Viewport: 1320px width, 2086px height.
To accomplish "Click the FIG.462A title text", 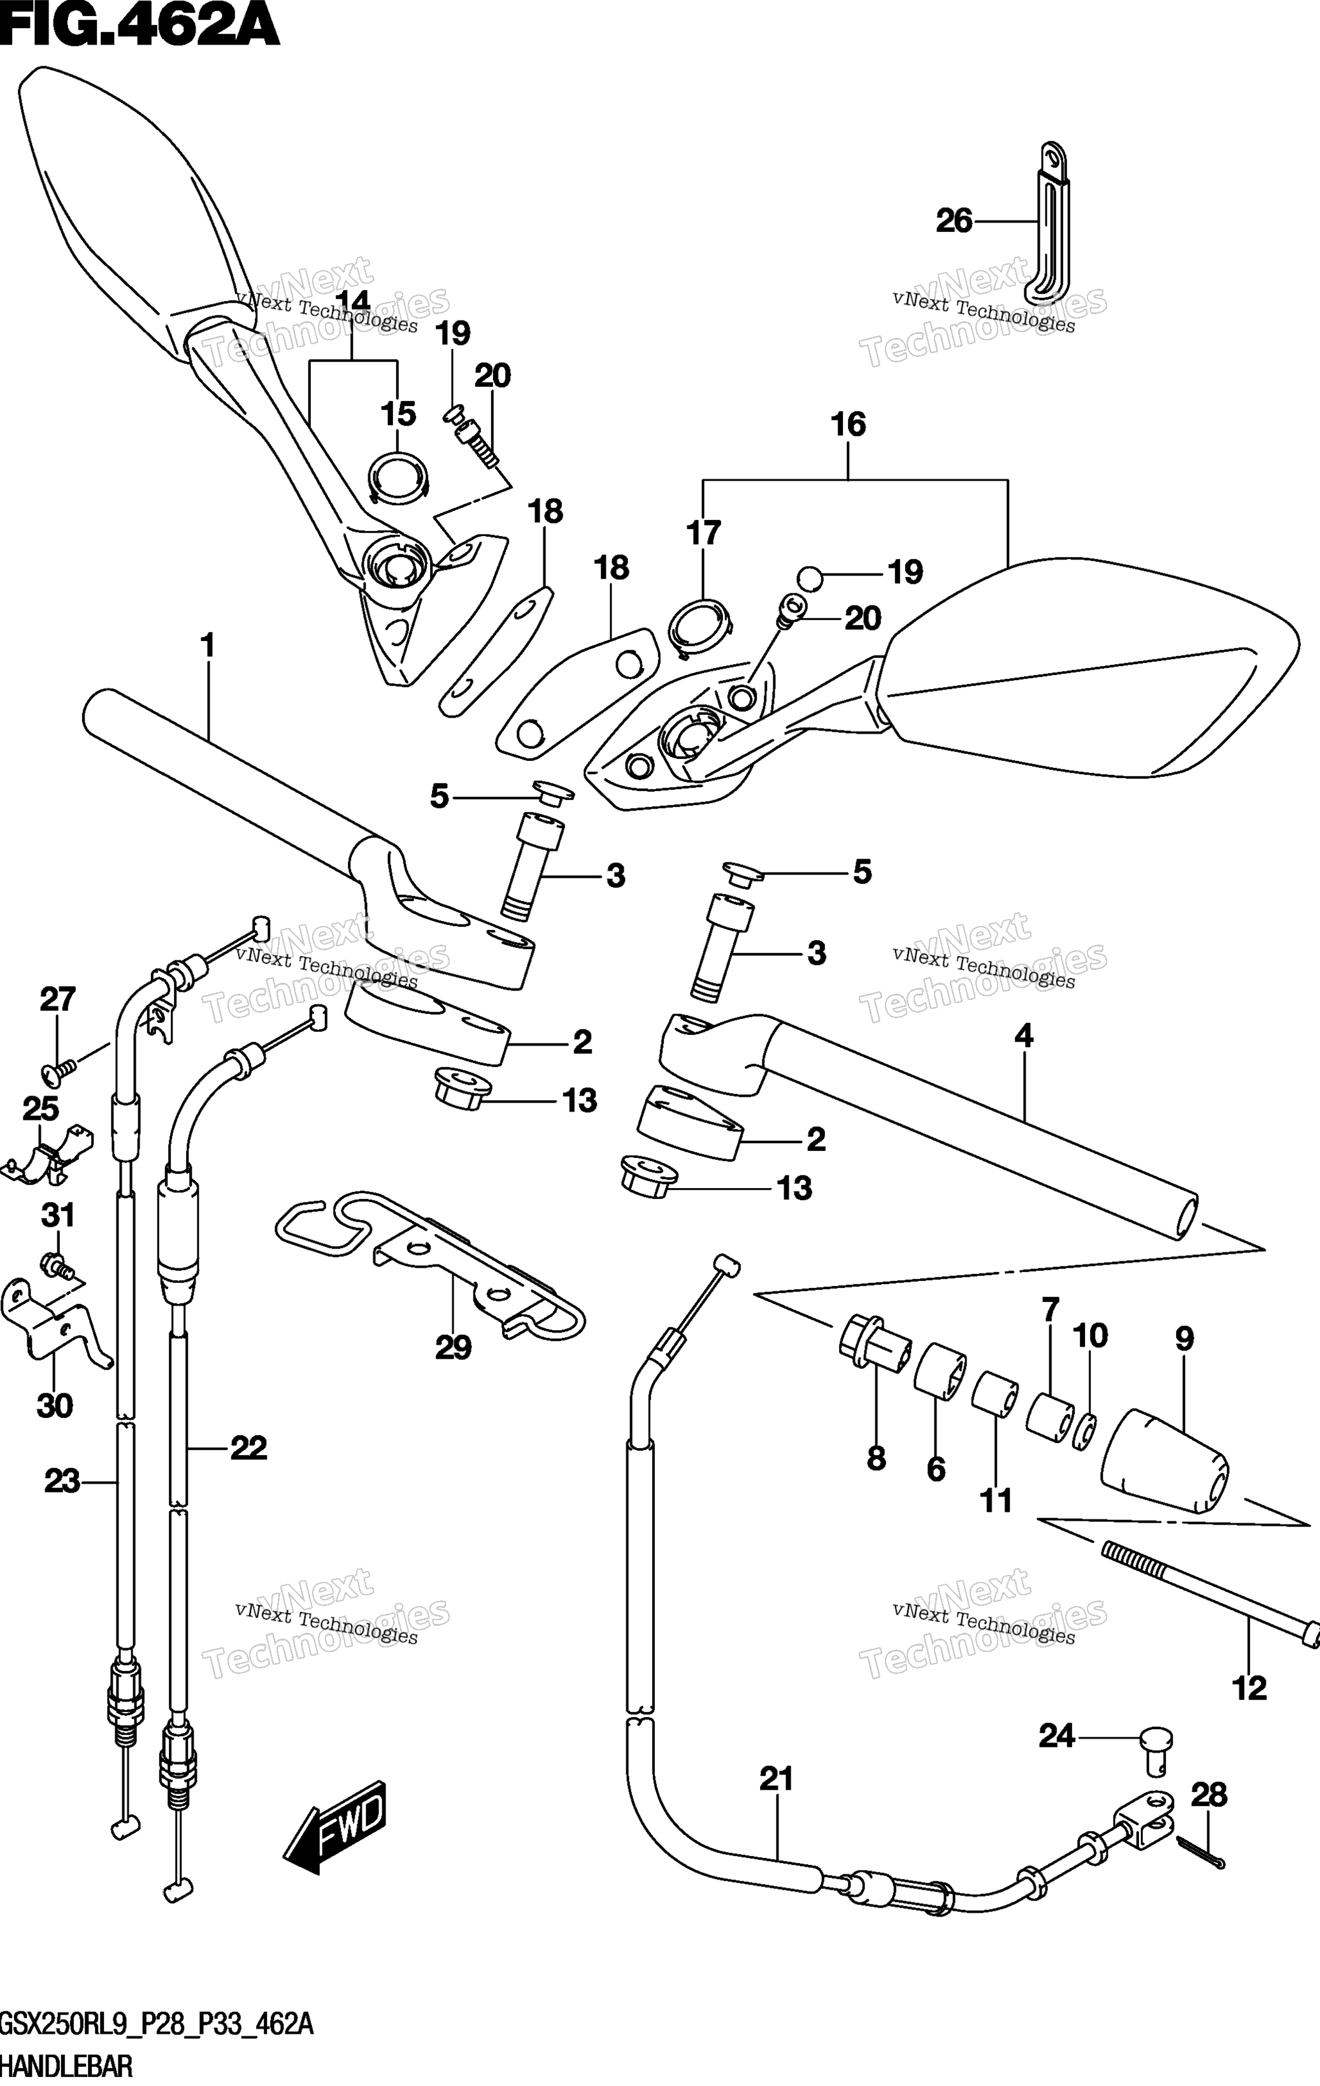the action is point(140,26).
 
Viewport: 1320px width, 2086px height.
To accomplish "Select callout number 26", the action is point(954,222).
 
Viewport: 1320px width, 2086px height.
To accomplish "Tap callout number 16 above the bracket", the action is point(848,424).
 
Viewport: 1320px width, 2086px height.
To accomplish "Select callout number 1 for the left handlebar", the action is point(207,646).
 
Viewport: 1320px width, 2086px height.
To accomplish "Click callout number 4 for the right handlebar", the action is point(1024,1035).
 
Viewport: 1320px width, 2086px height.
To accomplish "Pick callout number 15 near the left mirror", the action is point(398,414).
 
